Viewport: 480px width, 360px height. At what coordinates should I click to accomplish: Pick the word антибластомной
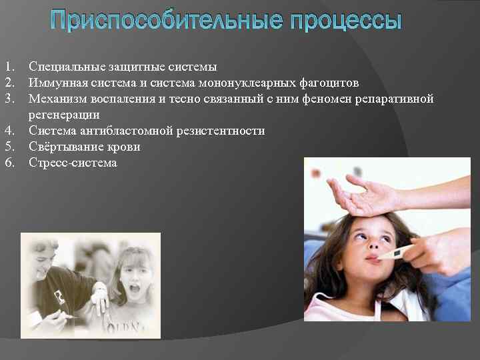pyautogui.click(x=125, y=131)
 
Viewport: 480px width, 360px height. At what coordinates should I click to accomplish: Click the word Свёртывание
pyautogui.click(x=63, y=147)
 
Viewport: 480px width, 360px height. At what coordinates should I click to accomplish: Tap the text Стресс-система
pyautogui.click(x=73, y=163)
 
